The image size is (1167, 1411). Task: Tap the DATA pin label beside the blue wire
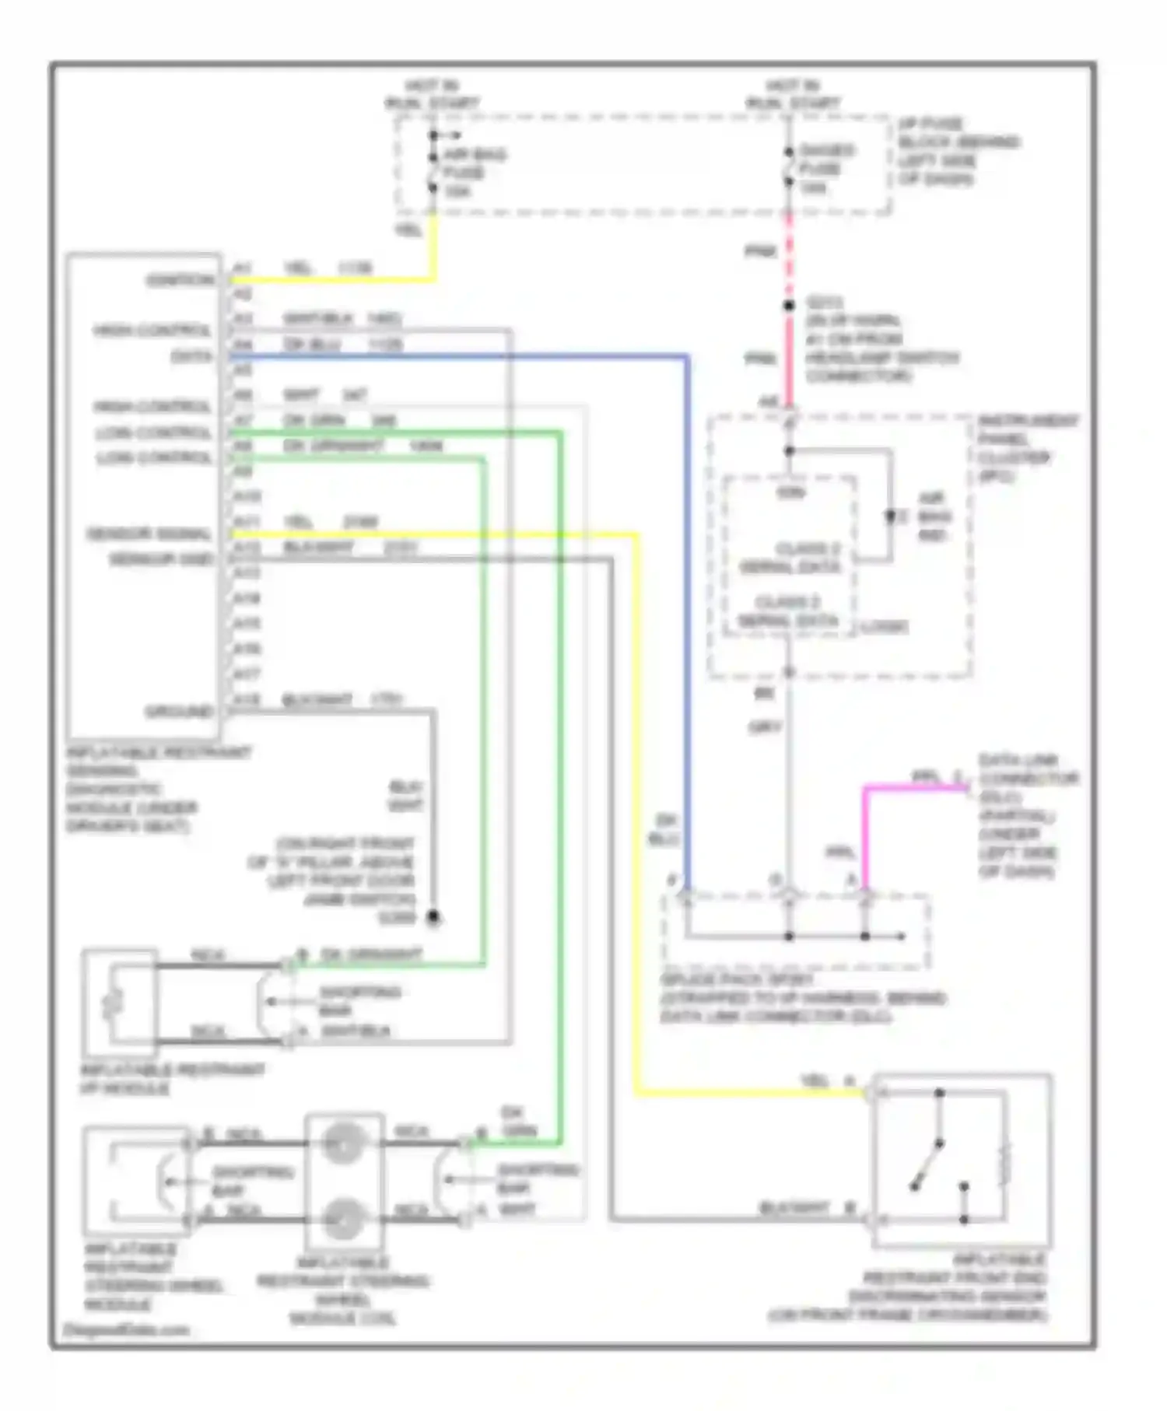click(191, 357)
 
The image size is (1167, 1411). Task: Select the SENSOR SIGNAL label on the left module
click(149, 534)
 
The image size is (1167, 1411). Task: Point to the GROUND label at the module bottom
click(179, 712)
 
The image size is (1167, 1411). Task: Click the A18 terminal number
click(247, 700)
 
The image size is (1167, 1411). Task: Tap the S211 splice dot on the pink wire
click(789, 306)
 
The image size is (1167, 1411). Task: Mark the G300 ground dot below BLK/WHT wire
click(433, 918)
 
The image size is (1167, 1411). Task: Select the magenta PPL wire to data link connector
click(865, 832)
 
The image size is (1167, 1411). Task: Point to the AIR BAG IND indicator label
click(931, 516)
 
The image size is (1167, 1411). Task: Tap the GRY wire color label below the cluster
click(765, 727)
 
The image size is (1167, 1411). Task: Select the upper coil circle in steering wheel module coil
click(343, 1143)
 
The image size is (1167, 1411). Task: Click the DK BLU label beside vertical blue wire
click(664, 830)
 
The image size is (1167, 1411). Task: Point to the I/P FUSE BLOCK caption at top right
click(958, 152)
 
